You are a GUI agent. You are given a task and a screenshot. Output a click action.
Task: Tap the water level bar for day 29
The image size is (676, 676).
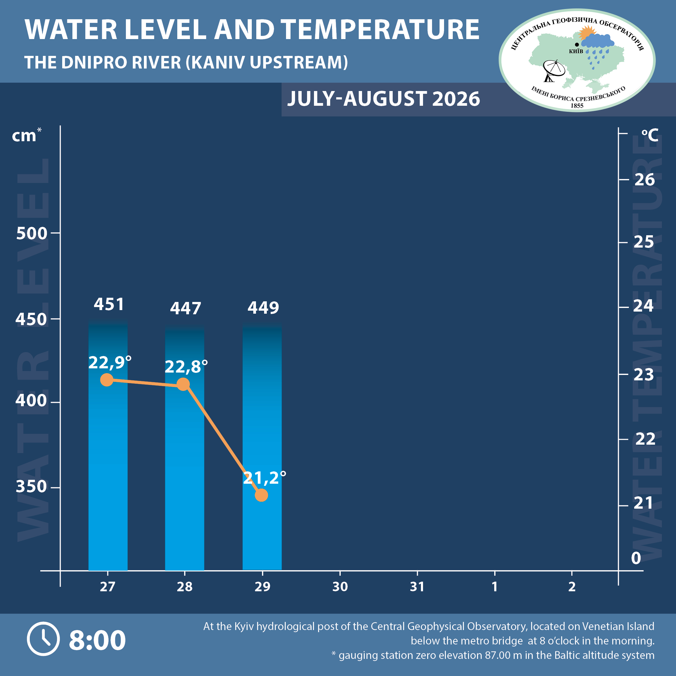click(x=262, y=447)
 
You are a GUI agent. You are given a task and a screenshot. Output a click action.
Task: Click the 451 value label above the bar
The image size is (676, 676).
click(x=109, y=304)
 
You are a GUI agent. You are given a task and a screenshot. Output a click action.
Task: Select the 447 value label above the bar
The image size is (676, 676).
click(x=185, y=309)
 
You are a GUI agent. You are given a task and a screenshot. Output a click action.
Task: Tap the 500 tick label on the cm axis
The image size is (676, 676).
click(x=32, y=233)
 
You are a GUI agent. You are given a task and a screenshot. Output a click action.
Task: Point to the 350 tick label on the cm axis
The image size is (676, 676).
click(x=31, y=487)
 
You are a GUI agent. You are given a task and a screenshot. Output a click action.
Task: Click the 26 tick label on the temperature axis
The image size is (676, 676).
click(x=644, y=180)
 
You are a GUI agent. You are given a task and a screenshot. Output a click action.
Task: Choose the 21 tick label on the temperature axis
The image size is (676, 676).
click(x=644, y=503)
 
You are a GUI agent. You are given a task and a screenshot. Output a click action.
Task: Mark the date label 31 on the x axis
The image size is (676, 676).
click(x=417, y=587)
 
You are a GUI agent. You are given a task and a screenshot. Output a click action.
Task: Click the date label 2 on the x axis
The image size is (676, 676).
click(x=572, y=587)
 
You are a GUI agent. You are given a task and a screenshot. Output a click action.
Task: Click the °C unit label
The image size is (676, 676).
click(x=650, y=135)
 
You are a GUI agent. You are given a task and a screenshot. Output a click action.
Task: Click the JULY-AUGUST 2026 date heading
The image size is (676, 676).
click(x=383, y=99)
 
